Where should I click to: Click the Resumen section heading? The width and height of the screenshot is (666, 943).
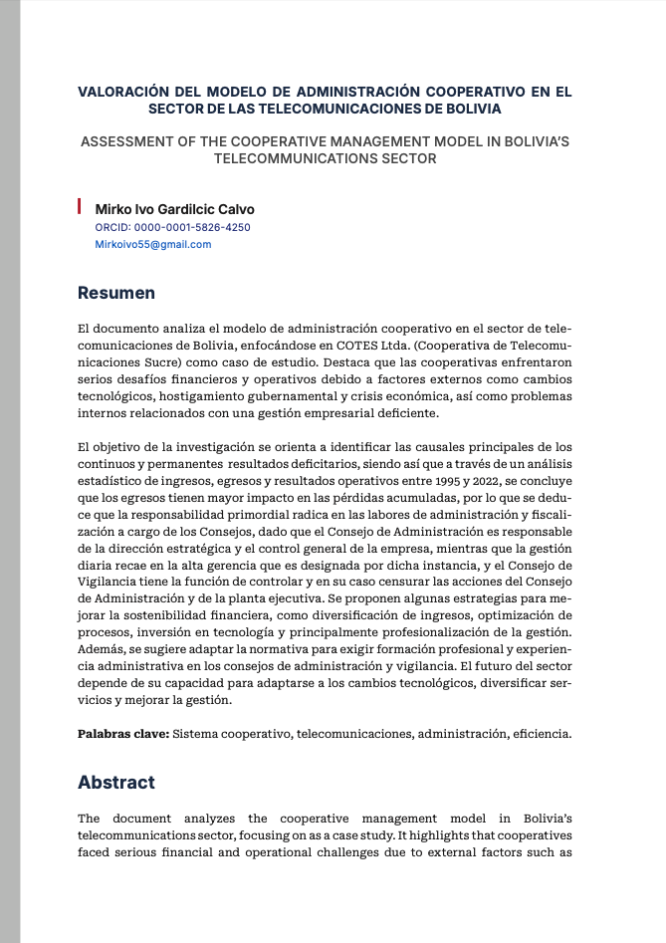click(x=116, y=293)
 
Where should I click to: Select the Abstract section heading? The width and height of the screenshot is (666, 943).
click(x=116, y=783)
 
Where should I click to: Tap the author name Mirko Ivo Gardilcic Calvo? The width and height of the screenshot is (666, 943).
click(x=174, y=209)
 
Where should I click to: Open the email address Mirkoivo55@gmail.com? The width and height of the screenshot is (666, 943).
click(x=152, y=244)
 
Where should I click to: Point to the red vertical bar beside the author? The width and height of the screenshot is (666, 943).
click(x=80, y=207)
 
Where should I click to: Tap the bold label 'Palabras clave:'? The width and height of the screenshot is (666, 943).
click(x=123, y=735)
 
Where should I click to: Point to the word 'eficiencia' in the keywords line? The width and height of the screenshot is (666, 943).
click(x=542, y=735)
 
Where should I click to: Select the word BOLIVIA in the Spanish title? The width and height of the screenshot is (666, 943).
click(x=468, y=108)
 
